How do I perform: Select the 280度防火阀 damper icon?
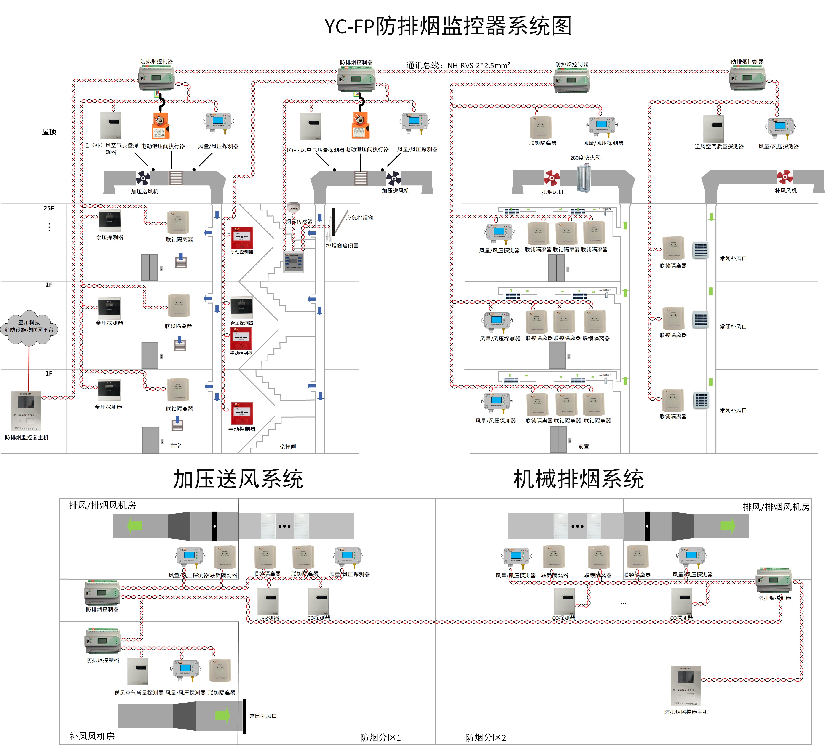click(x=585, y=178)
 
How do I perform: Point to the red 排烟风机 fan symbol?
click(x=551, y=178)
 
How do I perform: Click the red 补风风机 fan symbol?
click(x=785, y=177)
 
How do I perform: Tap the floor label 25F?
click(x=49, y=208)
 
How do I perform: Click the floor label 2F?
click(x=49, y=285)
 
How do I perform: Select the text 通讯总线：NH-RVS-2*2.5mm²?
click(x=458, y=65)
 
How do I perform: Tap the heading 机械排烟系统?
click(x=578, y=479)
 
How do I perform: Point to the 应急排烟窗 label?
click(x=359, y=218)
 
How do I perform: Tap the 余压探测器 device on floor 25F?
click(x=110, y=221)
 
